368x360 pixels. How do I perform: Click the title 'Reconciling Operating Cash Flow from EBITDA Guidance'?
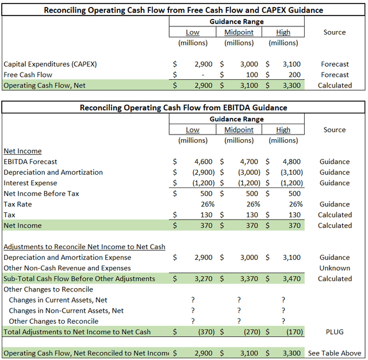[x=183, y=108]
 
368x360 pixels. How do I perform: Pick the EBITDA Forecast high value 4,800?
[x=291, y=162]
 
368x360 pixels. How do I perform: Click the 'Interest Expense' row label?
[x=30, y=183]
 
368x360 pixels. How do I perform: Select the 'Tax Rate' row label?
[x=18, y=204]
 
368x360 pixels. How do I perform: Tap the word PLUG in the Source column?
[x=335, y=332]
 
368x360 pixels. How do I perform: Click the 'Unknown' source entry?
[x=335, y=268]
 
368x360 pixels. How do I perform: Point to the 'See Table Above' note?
[x=335, y=353]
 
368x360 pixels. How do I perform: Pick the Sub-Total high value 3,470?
[x=291, y=279]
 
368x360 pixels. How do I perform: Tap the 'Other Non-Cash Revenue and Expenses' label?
[x=67, y=268]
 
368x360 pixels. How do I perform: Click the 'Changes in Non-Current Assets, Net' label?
[x=66, y=311]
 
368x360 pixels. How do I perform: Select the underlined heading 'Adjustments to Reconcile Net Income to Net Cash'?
[x=85, y=247]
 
